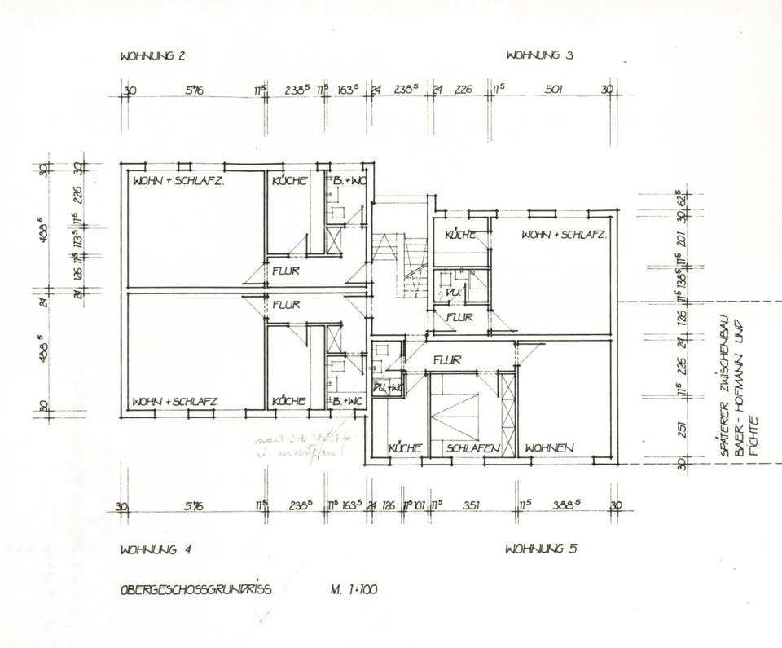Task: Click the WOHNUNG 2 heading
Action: click(x=152, y=56)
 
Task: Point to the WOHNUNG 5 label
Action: click(x=541, y=548)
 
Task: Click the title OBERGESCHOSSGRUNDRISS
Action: click(x=195, y=588)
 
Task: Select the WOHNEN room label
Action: click(x=551, y=448)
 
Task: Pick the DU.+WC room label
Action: click(x=388, y=389)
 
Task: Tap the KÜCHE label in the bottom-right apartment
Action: click(x=404, y=449)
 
